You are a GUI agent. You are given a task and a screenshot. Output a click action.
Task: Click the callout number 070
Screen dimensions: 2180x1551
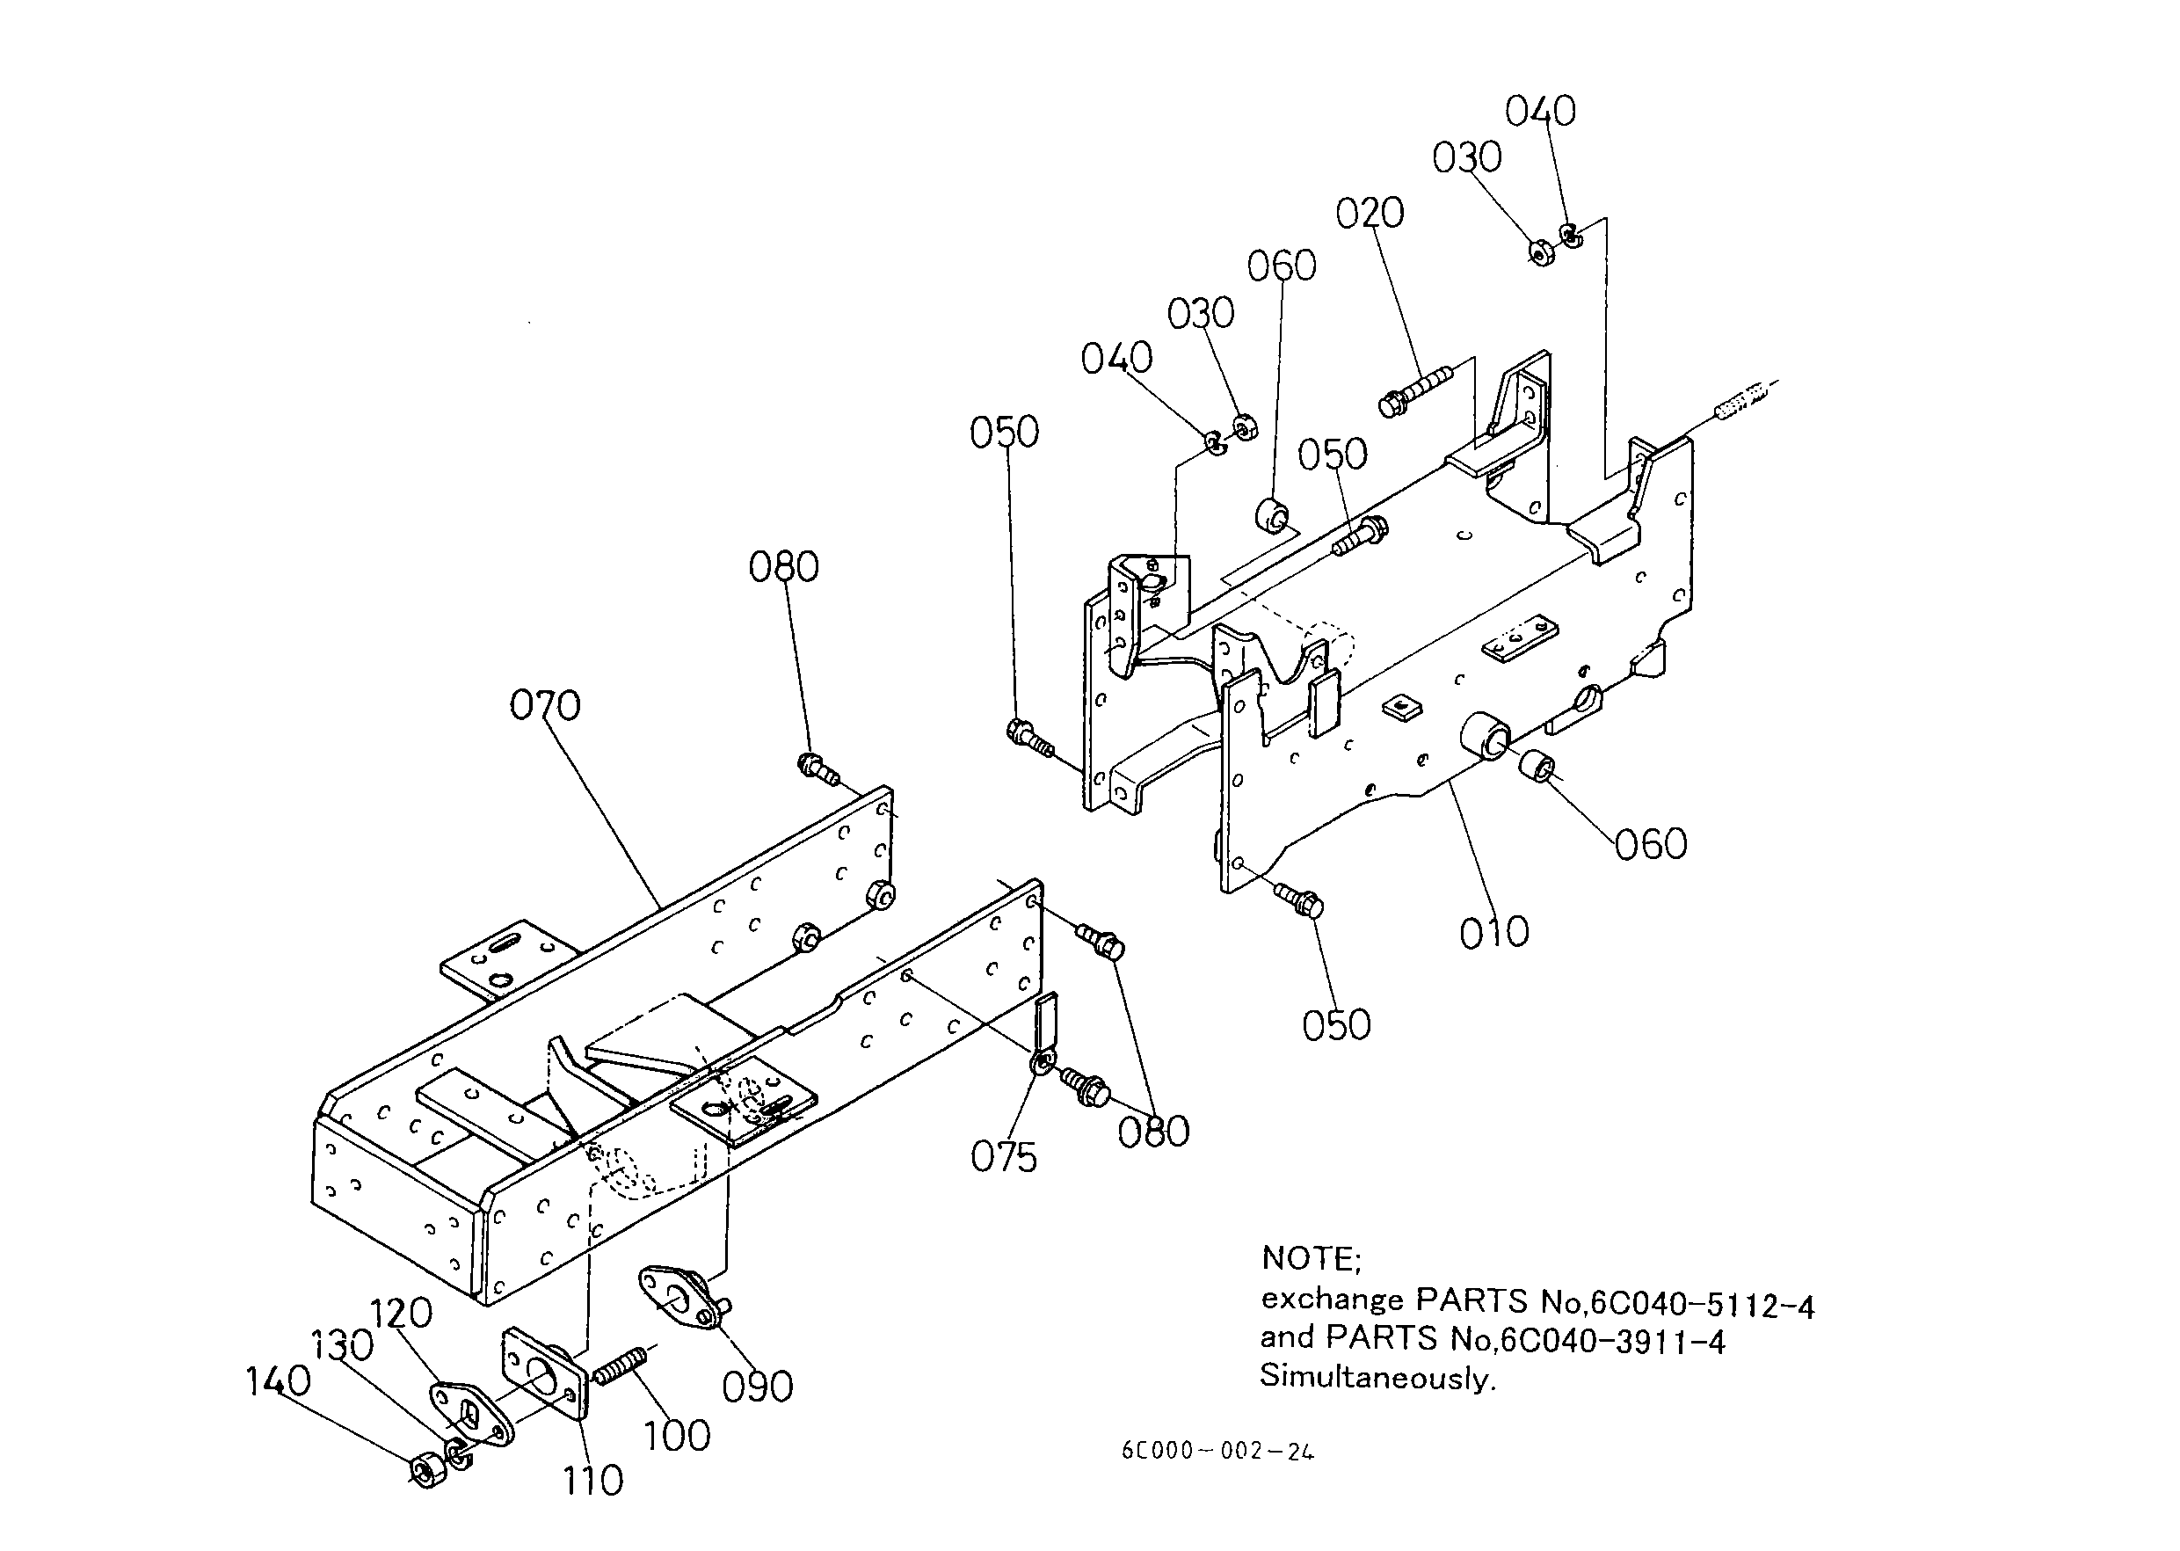pyautogui.click(x=544, y=706)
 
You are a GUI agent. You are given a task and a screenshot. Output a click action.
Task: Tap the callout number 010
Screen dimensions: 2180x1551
pyautogui.click(x=1494, y=932)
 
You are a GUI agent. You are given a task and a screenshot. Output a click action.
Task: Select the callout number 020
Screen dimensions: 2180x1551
pyautogui.click(x=1370, y=213)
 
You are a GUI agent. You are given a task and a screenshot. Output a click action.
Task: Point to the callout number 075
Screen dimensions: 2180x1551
pyautogui.click(x=1004, y=1157)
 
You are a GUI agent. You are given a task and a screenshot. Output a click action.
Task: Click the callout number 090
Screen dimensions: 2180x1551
pyautogui.click(x=757, y=1387)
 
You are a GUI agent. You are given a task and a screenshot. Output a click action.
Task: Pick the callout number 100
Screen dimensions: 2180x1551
pyautogui.click(x=677, y=1437)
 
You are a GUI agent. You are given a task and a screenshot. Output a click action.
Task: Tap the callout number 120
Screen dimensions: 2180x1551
pyautogui.click(x=401, y=1314)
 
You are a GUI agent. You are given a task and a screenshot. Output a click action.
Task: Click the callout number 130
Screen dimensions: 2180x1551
pyautogui.click(x=342, y=1345)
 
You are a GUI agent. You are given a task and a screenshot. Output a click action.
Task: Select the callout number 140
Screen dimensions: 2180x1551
pyautogui.click(x=278, y=1382)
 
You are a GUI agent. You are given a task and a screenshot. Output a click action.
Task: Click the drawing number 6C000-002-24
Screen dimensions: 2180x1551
pyautogui.click(x=1217, y=1452)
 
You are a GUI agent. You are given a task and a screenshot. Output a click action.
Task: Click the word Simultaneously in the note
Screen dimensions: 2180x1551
pyautogui.click(x=1377, y=1377)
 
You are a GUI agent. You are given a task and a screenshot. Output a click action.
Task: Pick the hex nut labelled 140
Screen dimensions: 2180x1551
pyautogui.click(x=425, y=1469)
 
